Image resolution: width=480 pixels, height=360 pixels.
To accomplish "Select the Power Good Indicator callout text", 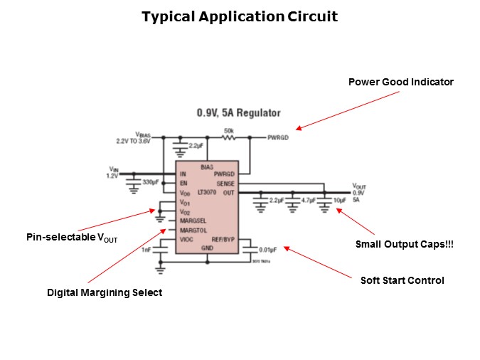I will click(x=400, y=82).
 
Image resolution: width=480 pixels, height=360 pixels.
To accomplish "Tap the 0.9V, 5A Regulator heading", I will click(x=238, y=113).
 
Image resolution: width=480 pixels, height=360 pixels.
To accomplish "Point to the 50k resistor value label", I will click(x=229, y=131).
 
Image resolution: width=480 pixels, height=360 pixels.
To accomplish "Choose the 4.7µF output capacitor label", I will click(x=308, y=201).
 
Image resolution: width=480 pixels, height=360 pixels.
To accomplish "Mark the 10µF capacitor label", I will click(x=340, y=201).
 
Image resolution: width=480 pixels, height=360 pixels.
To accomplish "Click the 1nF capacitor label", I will click(x=147, y=248).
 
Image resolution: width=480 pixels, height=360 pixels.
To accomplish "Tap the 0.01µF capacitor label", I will click(x=267, y=250).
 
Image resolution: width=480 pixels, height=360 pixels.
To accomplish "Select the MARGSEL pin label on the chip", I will click(x=193, y=221).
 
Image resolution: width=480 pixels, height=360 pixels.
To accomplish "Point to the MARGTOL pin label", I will click(x=193, y=230).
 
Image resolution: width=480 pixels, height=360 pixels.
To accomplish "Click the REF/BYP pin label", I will click(x=223, y=240).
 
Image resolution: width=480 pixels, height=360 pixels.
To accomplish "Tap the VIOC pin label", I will click(x=187, y=240).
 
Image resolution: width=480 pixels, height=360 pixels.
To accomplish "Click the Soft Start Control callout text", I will click(x=402, y=280).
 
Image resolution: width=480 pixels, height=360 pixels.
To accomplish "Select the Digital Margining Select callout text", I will click(x=105, y=292).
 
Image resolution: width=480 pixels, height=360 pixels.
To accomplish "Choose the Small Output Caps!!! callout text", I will click(x=404, y=245).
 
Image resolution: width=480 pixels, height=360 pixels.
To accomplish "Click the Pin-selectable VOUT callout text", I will click(x=72, y=238).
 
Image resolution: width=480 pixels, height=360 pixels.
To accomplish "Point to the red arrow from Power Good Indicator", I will click(x=321, y=118).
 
